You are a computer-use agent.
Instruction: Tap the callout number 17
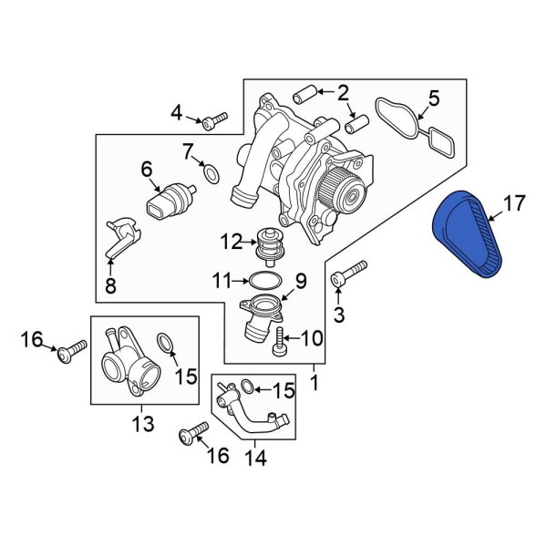514,204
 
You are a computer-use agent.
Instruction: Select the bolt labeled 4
217,119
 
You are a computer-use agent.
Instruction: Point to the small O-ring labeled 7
210,171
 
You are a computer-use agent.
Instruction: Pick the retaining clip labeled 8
119,241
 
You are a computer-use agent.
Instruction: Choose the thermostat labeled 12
269,243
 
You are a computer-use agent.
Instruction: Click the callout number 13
143,424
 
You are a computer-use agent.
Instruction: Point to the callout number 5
434,98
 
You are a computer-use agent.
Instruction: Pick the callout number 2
343,92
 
